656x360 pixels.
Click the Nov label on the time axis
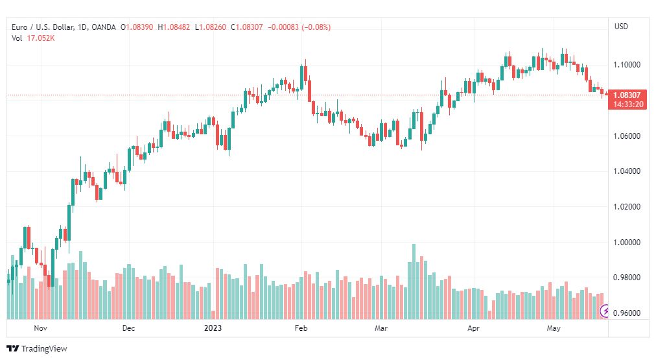point(41,328)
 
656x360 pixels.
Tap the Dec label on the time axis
point(128,328)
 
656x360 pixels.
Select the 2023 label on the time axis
point(213,328)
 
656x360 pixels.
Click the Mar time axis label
point(381,328)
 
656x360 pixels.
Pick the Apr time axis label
point(474,328)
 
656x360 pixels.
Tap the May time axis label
point(553,328)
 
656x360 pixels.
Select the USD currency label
point(621,27)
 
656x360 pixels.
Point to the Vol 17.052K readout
point(32,38)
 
